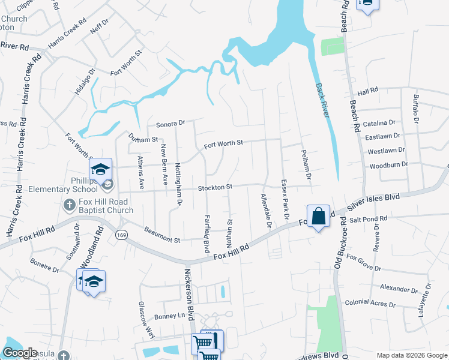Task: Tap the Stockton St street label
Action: tap(215, 188)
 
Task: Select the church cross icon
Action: tap(69, 206)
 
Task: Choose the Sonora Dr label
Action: tap(171, 124)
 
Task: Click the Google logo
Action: tap(20, 353)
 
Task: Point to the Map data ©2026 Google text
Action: tap(412, 355)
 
